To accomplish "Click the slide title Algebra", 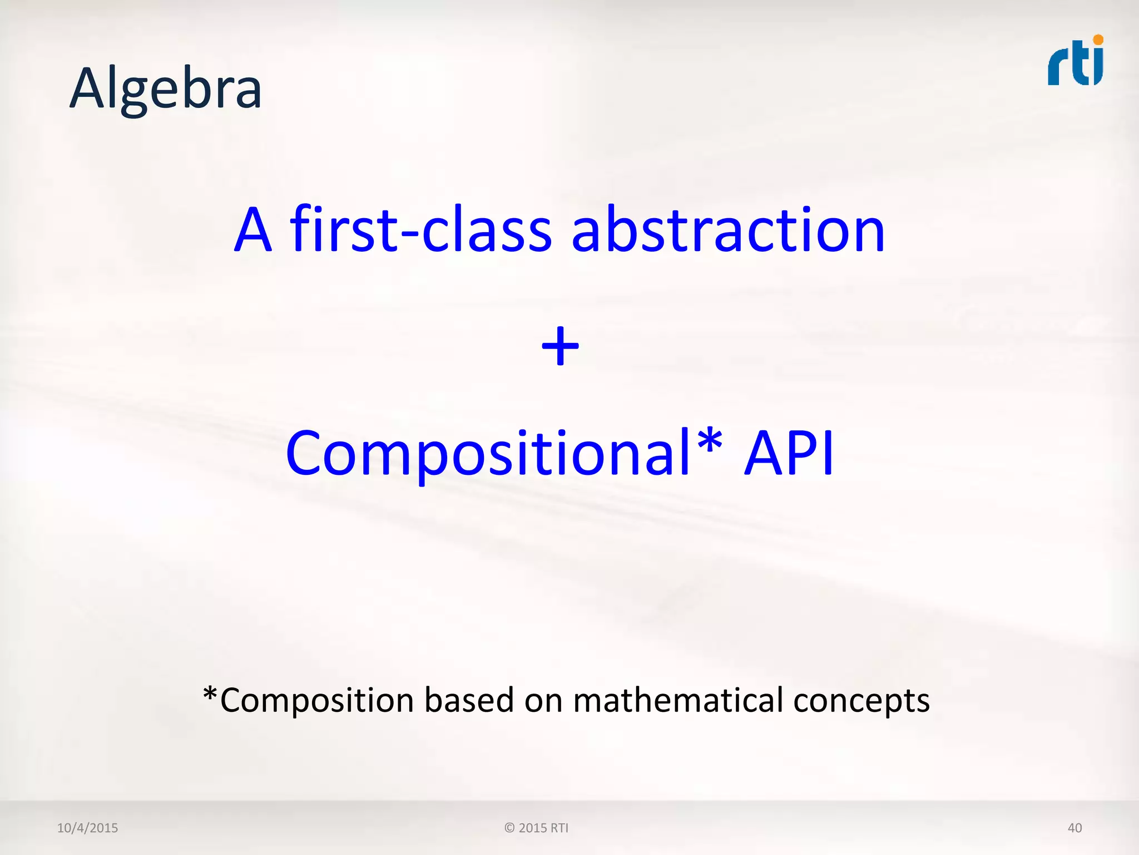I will (x=166, y=89).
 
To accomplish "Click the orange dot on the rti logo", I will (x=1098, y=40).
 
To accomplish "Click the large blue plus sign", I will (x=560, y=346).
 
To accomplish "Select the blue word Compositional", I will (x=488, y=454).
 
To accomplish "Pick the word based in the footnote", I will (x=469, y=700).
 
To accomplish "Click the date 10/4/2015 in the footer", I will (x=87, y=828).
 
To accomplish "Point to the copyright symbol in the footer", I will (x=509, y=828).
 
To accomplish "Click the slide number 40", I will (x=1074, y=828).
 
